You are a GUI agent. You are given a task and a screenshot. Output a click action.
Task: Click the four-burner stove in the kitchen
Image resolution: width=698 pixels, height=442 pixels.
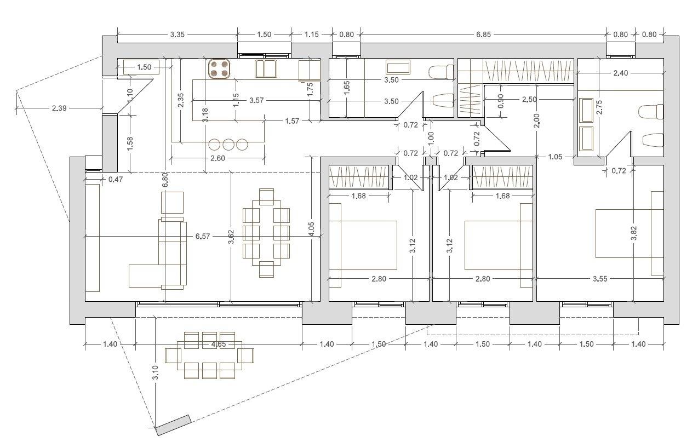pyautogui.click(x=219, y=69)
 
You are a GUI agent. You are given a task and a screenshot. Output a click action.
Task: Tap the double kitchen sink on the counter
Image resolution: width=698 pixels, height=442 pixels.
pyautogui.click(x=266, y=68)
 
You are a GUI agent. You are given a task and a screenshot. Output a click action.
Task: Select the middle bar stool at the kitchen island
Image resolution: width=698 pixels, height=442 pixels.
pyautogui.click(x=228, y=145)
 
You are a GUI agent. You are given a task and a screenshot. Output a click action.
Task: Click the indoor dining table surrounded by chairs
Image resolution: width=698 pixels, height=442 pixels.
pyautogui.click(x=266, y=233)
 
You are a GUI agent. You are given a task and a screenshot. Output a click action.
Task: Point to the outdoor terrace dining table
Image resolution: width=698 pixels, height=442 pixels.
pyautogui.click(x=209, y=355)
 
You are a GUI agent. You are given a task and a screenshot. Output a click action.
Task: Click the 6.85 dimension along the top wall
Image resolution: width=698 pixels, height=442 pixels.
pyautogui.click(x=483, y=35)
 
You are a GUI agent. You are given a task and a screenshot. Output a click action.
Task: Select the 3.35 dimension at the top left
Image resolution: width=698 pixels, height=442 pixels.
pyautogui.click(x=177, y=35)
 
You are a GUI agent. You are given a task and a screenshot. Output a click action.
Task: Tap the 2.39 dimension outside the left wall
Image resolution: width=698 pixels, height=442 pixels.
pyautogui.click(x=59, y=108)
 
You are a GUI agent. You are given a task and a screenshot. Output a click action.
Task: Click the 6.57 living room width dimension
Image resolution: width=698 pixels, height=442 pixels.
pyautogui.click(x=203, y=237)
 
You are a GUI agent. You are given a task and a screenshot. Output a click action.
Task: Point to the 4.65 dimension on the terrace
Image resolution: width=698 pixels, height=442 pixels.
pyautogui.click(x=219, y=344)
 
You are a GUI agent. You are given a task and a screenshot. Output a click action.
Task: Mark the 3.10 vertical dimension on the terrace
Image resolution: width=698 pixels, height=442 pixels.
pyautogui.click(x=156, y=372)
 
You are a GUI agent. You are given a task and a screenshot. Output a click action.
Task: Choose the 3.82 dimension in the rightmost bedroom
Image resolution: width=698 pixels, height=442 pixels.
pyautogui.click(x=634, y=233)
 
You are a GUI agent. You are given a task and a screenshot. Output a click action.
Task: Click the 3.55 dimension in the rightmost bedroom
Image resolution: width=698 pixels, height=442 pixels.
pyautogui.click(x=600, y=279)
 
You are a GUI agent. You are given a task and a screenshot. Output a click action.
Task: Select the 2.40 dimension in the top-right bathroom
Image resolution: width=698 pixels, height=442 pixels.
pyautogui.click(x=620, y=73)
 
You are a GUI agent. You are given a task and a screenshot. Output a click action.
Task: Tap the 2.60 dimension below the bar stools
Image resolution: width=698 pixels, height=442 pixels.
pyautogui.click(x=218, y=158)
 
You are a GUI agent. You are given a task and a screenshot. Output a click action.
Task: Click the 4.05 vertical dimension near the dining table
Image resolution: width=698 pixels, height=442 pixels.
pyautogui.click(x=312, y=229)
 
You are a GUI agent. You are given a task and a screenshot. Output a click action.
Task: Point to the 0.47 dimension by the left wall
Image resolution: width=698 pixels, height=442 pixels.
pyautogui.click(x=116, y=180)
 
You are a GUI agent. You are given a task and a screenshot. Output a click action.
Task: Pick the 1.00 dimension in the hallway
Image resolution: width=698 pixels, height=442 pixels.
pyautogui.click(x=431, y=139)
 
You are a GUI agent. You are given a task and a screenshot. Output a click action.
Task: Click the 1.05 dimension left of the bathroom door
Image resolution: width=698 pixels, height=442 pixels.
pyautogui.click(x=555, y=157)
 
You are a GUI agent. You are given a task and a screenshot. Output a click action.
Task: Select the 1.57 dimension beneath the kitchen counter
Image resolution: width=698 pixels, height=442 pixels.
pyautogui.click(x=292, y=121)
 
